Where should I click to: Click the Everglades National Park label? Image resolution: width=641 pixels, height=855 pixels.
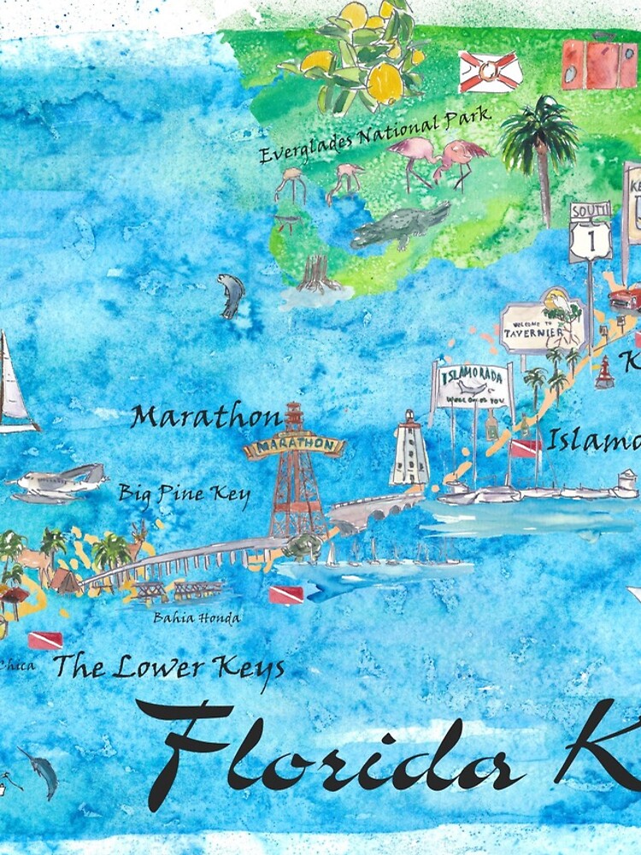374,137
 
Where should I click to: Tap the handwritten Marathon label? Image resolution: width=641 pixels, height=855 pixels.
205,418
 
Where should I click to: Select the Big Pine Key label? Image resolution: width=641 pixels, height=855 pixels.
184,493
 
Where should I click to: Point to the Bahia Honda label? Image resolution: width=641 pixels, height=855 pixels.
196,617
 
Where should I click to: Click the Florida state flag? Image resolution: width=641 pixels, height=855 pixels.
491,72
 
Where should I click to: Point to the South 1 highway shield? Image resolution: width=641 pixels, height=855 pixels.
591,231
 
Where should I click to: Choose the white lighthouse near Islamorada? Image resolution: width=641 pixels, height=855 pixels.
410,449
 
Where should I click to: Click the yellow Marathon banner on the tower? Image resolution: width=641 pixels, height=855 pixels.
293,446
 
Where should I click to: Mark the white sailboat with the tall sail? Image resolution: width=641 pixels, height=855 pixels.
13,385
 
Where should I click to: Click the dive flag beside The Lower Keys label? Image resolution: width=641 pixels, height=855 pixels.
44,640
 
